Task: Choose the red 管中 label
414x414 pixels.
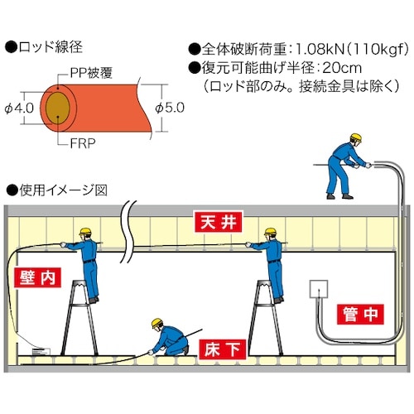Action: pyautogui.click(x=361, y=314)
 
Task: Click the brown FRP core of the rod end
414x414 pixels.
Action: pyautogui.click(x=59, y=108)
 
